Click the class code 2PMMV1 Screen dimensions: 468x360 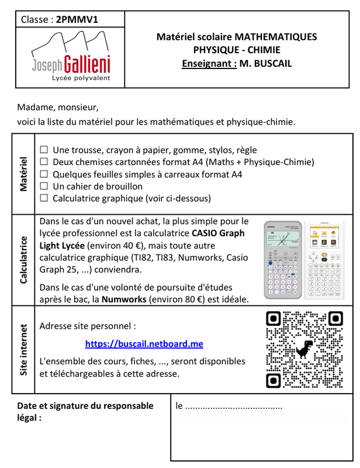point(77,19)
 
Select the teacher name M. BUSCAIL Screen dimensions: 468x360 point(265,63)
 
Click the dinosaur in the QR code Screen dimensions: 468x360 point(303,349)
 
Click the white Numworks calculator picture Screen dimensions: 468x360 point(325,260)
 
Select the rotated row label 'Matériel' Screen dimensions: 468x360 point(24,174)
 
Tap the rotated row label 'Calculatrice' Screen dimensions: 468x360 point(24,260)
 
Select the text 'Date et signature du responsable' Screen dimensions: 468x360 point(85,405)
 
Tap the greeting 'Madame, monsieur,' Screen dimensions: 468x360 point(58,108)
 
